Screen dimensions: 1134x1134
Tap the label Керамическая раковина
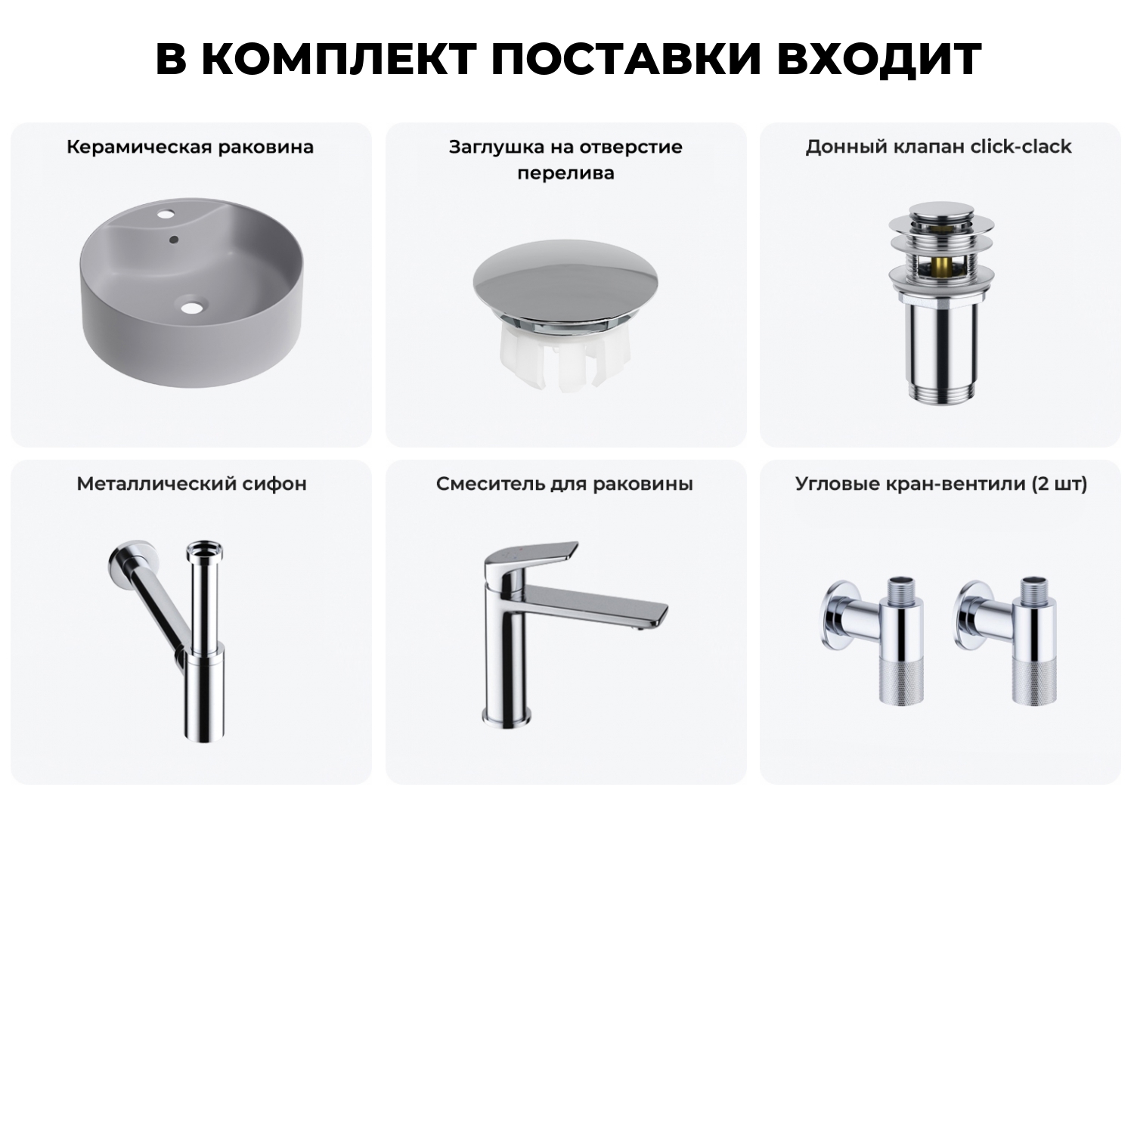pos(190,147)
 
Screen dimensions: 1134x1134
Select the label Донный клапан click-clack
pos(938,147)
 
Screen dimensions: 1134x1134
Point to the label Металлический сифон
pos(191,484)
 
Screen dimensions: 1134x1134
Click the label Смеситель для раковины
pos(564,484)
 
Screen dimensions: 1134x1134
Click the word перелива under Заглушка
pos(565,173)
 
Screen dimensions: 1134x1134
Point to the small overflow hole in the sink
pos(175,240)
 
